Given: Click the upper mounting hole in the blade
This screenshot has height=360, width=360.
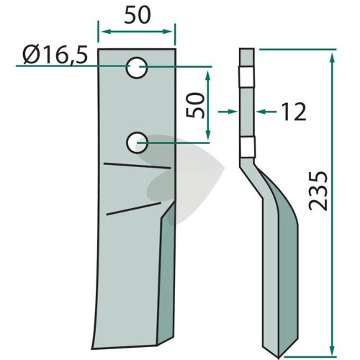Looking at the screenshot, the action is pyautogui.click(x=137, y=68).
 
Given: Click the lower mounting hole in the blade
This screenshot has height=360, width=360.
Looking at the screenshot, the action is pyautogui.click(x=137, y=143).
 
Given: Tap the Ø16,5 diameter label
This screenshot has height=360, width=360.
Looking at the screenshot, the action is pyautogui.click(x=55, y=55).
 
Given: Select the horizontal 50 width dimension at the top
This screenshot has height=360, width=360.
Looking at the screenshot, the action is pyautogui.click(x=138, y=15).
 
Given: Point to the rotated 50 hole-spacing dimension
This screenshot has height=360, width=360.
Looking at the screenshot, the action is pyautogui.click(x=195, y=105).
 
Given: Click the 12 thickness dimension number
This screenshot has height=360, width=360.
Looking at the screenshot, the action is pyautogui.click(x=294, y=112).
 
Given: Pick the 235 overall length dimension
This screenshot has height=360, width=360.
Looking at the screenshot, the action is pyautogui.click(x=318, y=191).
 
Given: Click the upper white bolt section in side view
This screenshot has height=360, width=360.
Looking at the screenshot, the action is pyautogui.click(x=246, y=77).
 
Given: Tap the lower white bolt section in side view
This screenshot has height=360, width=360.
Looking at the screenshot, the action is pyautogui.click(x=248, y=147).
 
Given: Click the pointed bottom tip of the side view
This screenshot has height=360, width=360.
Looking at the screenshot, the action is pyautogui.click(x=279, y=358).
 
